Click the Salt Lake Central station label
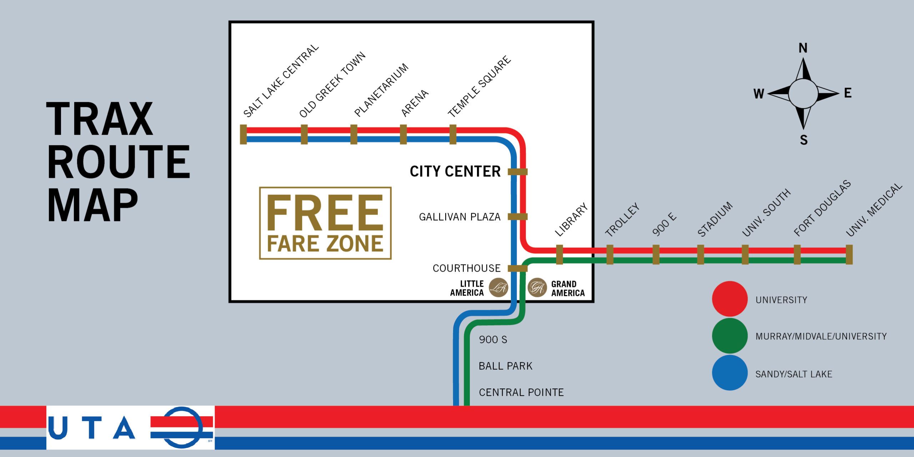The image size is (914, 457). [281, 81]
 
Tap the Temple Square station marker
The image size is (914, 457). [453, 134]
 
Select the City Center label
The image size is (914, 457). [455, 171]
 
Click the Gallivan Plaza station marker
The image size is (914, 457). [517, 216]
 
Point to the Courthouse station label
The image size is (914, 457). [466, 268]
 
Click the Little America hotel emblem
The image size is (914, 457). [498, 287]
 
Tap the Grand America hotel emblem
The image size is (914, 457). [537, 287]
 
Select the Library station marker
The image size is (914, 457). [559, 255]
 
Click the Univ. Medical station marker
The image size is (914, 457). [849, 255]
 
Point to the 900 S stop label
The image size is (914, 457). [493, 340]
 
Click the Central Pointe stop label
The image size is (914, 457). [521, 392]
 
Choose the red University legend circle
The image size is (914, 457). [729, 299]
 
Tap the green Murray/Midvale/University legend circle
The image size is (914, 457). [729, 336]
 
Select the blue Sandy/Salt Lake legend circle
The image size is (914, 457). [729, 373]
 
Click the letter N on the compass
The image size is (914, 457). [803, 48]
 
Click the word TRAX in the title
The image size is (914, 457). [100, 119]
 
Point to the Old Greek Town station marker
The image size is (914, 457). [304, 134]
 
